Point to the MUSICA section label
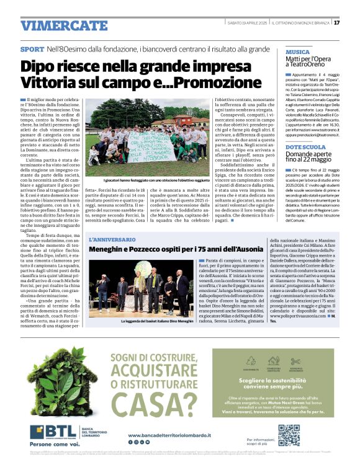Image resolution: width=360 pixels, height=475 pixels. click(297, 52)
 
